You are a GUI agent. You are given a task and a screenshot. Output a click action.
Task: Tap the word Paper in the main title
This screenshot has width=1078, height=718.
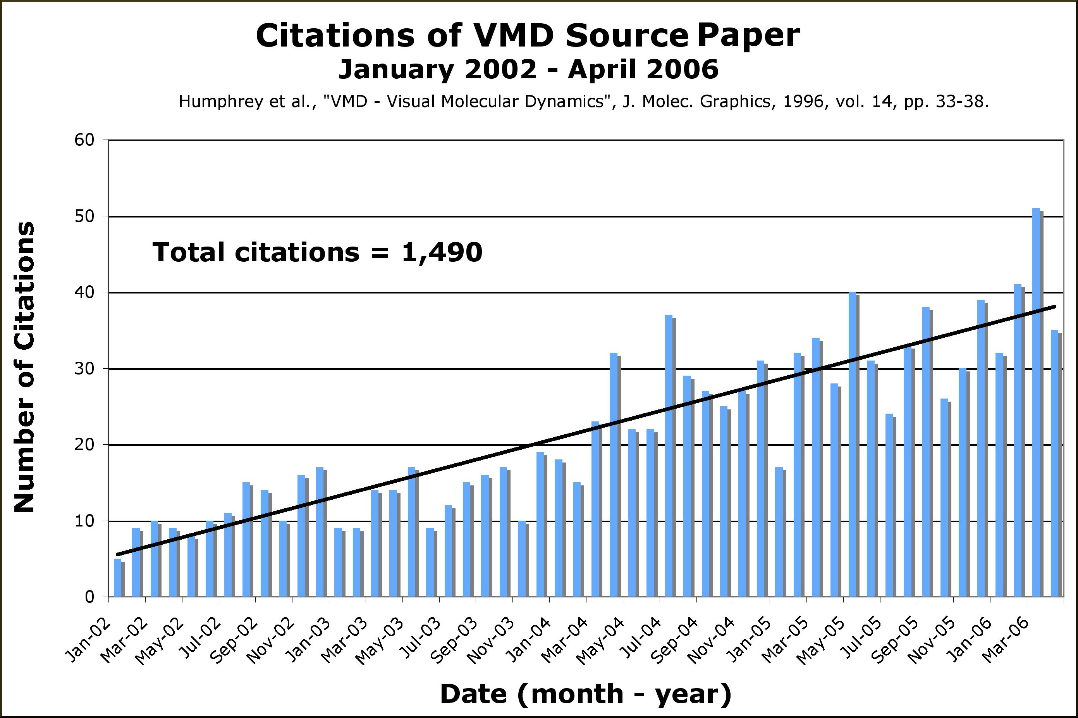pos(749,36)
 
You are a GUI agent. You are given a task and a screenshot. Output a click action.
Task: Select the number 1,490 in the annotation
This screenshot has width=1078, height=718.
pos(442,253)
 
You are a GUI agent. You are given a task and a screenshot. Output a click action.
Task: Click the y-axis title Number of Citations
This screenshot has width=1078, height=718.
pos(24,366)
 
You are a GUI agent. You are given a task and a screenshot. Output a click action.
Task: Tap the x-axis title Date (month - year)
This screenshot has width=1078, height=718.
pos(586,694)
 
